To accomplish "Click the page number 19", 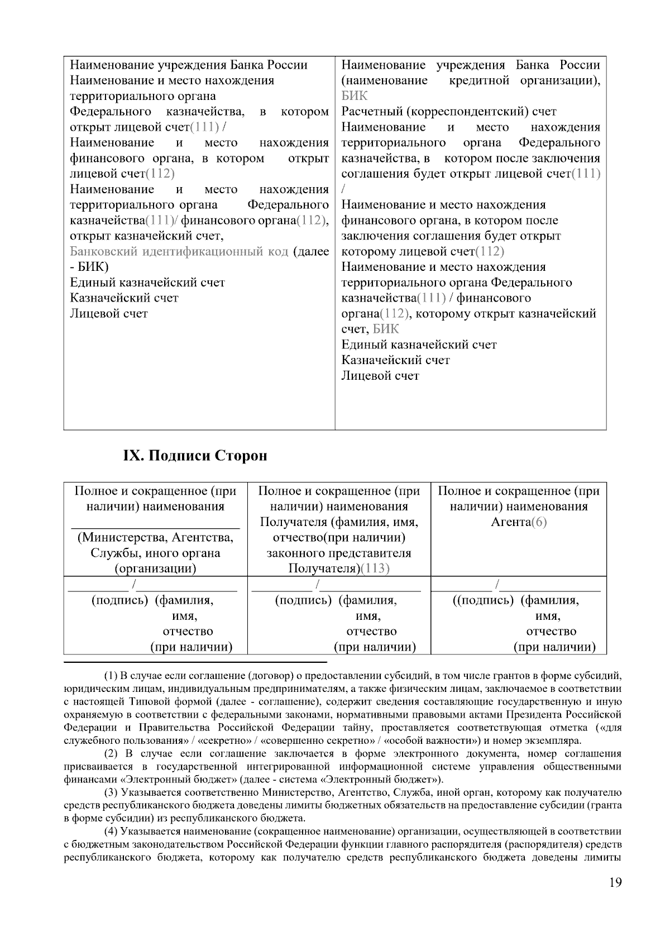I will [615, 899].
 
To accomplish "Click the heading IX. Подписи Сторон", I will [195, 456].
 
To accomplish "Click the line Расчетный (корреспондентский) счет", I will [449, 111].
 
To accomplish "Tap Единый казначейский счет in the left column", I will [147, 283].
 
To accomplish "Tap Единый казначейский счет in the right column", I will [419, 345].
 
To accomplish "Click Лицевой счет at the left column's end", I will [109, 313].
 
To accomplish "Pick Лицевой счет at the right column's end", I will [380, 376].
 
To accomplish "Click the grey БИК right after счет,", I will [386, 329].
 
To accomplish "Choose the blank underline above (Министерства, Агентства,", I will [155, 525].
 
